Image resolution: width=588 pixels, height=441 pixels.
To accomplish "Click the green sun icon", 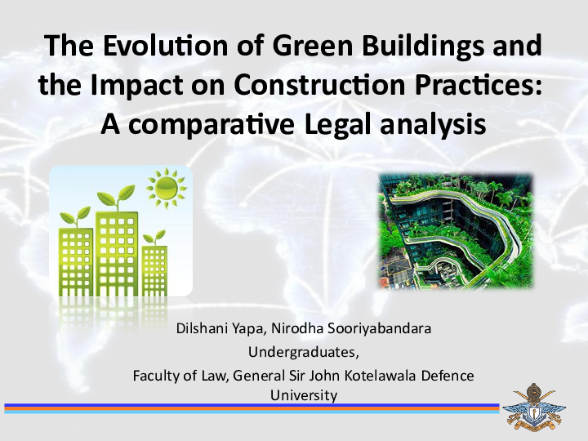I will coord(166,189).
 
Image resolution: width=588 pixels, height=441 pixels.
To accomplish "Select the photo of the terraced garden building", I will coord(456,230).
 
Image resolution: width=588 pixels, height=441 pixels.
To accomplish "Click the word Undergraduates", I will coord(303,353).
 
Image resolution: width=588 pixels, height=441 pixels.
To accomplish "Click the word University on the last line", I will coord(303,394).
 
